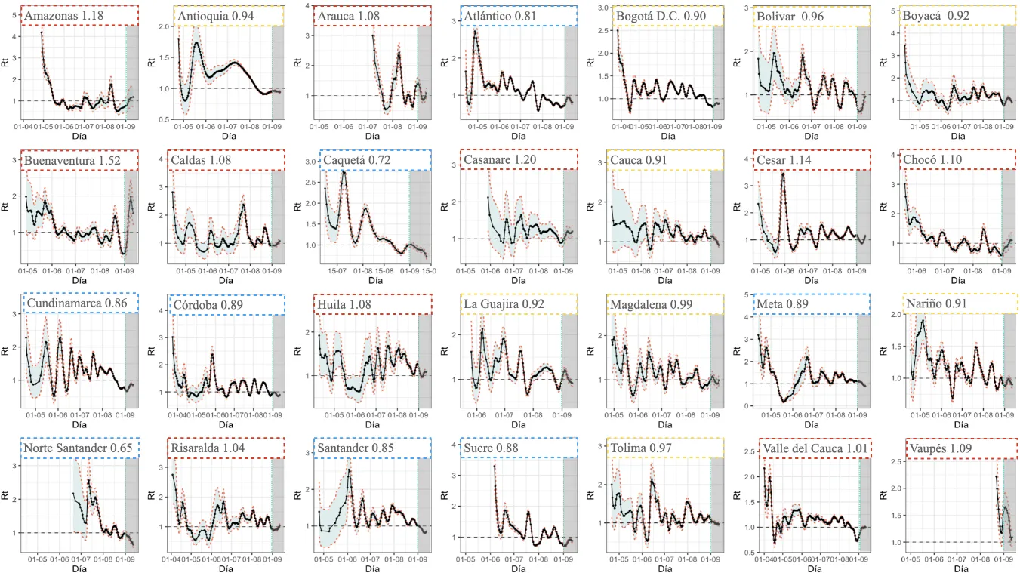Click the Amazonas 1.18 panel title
[64, 15]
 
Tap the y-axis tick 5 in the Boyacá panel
[892, 11]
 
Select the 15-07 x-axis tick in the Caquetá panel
[337, 270]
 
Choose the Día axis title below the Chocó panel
[954, 279]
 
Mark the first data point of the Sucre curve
[495, 466]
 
